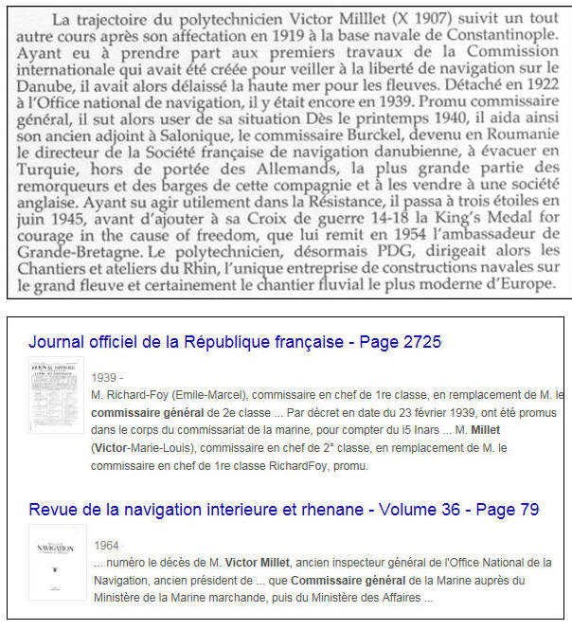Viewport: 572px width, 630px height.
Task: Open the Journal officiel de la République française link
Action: [x=235, y=343]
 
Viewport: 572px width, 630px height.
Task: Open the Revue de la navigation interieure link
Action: [x=284, y=510]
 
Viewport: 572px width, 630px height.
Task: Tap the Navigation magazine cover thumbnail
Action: [x=58, y=563]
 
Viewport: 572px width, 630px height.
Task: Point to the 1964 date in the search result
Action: [x=107, y=547]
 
